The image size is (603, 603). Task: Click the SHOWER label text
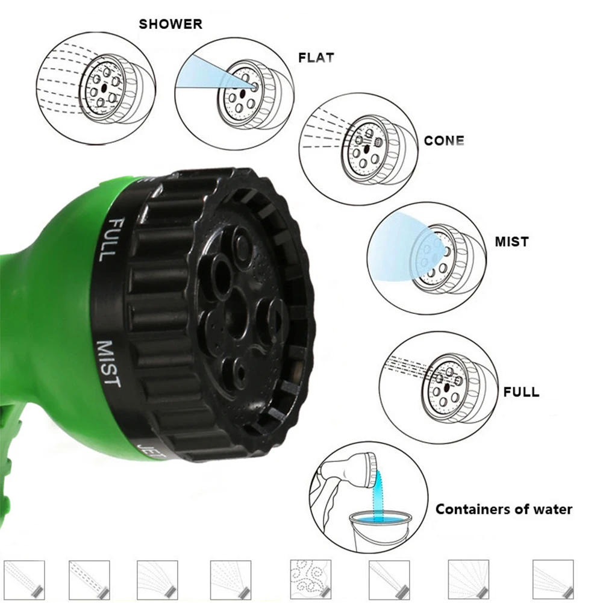click(x=170, y=25)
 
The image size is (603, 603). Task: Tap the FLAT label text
click(x=316, y=58)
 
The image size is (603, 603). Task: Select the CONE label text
click(x=444, y=141)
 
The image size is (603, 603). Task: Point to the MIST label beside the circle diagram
click(x=511, y=242)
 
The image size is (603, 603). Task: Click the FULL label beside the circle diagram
click(x=521, y=392)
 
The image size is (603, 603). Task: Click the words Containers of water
click(x=504, y=509)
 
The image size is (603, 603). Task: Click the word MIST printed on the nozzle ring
click(x=109, y=364)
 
